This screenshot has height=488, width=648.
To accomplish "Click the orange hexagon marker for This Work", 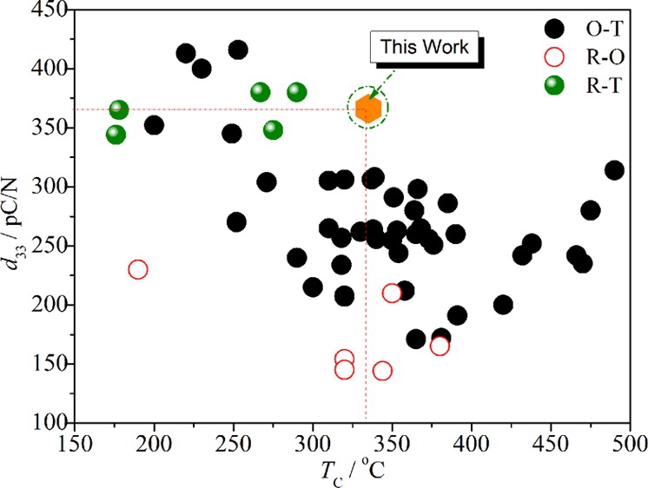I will (x=368, y=109).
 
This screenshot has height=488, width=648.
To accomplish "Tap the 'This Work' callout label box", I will (x=425, y=47).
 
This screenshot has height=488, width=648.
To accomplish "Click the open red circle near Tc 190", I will (x=138, y=269).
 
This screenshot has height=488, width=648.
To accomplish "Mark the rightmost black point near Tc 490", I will (x=614, y=170).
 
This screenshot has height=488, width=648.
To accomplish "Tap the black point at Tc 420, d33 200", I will (x=503, y=305).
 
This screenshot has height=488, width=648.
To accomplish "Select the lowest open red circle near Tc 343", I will (x=382, y=371).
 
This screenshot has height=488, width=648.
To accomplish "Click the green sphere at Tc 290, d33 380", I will (x=297, y=92).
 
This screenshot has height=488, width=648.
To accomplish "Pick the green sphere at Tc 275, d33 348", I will (x=273, y=130).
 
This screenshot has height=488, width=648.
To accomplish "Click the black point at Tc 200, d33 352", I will (x=154, y=125).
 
